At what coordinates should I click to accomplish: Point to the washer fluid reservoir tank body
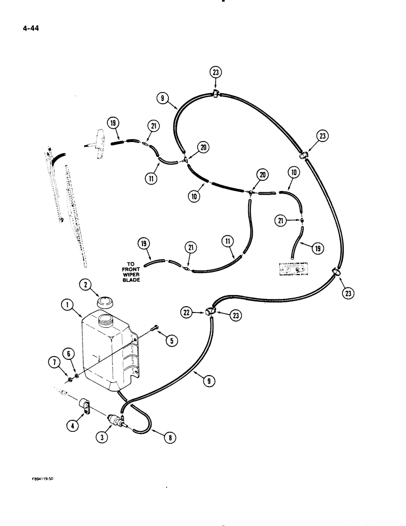[x=105, y=352]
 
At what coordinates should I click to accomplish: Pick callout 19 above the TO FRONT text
[x=144, y=244]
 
